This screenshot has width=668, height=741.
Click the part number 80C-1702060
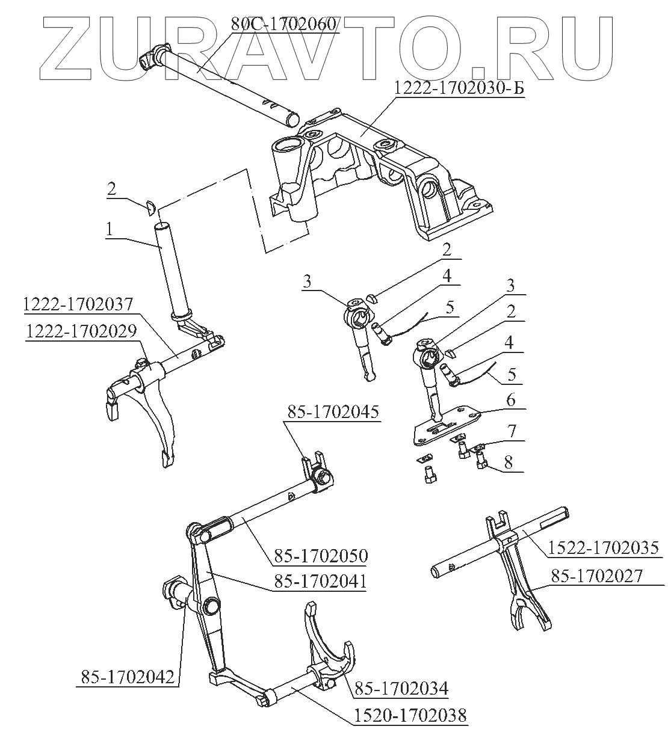pyautogui.click(x=284, y=25)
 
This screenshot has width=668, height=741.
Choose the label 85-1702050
pyautogui.click(x=321, y=555)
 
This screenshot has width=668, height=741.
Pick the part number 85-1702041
pyautogui.click(x=321, y=582)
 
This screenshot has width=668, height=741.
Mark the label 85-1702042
pyautogui.click(x=126, y=677)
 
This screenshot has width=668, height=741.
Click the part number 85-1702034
pyautogui.click(x=400, y=687)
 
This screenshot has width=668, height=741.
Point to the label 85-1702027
pyautogui.click(x=596, y=576)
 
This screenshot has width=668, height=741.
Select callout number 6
pyautogui.click(x=510, y=400)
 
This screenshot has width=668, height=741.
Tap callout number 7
pyautogui.click(x=511, y=432)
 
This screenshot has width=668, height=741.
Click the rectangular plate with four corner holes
pyautogui.click(x=445, y=424)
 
